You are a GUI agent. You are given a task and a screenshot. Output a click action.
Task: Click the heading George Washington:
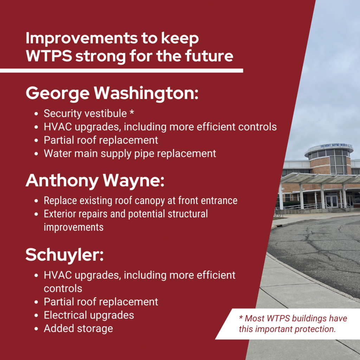[112, 93]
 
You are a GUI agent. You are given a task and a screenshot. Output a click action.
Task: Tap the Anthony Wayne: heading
[95, 180]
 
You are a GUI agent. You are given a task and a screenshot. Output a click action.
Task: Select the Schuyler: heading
[64, 255]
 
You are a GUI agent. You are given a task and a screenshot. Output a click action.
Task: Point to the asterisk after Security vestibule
[131, 114]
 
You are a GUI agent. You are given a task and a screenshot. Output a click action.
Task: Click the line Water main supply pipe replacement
[130, 154]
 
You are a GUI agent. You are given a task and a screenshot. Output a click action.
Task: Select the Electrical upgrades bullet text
[89, 315]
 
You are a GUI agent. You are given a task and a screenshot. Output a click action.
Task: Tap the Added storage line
[78, 328]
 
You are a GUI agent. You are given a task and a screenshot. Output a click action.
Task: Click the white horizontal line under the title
[121, 71]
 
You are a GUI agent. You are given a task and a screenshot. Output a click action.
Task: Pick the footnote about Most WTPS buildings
[292, 324]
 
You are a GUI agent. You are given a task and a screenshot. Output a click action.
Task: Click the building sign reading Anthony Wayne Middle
[336, 146]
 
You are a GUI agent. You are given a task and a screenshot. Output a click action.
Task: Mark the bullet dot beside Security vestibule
[37, 114]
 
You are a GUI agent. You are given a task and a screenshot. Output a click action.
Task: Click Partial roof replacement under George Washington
[101, 140]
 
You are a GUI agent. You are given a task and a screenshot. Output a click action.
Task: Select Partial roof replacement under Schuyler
[101, 302]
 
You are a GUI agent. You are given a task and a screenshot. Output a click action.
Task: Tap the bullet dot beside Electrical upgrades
[37, 315]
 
